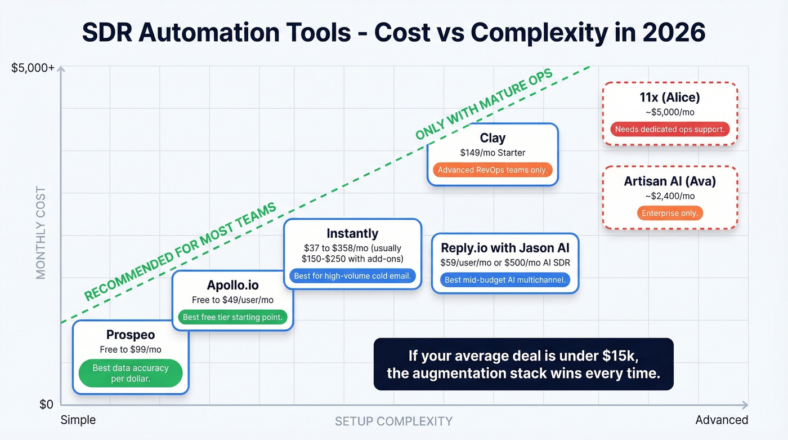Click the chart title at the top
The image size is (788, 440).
(393, 33)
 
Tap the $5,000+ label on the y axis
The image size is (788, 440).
(33, 68)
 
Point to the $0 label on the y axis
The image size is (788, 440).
(46, 405)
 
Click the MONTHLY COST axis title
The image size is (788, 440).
(41, 233)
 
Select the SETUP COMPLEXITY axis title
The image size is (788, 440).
(393, 421)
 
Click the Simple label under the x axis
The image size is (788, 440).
(78, 420)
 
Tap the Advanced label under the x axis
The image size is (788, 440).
(722, 420)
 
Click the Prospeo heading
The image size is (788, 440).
(131, 335)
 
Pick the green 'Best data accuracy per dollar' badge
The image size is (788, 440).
(131, 373)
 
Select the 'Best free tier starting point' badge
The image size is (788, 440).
(232, 317)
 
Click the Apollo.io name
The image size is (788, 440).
(232, 285)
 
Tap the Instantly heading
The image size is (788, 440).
(352, 233)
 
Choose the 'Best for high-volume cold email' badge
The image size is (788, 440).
(352, 276)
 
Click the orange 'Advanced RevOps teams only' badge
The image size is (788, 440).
(492, 170)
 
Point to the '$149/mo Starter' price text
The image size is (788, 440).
(492, 152)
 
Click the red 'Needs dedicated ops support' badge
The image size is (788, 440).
(670, 129)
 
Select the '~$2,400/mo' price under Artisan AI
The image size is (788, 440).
(670, 196)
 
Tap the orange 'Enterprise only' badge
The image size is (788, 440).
(670, 214)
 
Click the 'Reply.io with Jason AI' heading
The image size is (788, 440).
(505, 247)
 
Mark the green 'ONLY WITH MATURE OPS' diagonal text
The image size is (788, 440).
(484, 105)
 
